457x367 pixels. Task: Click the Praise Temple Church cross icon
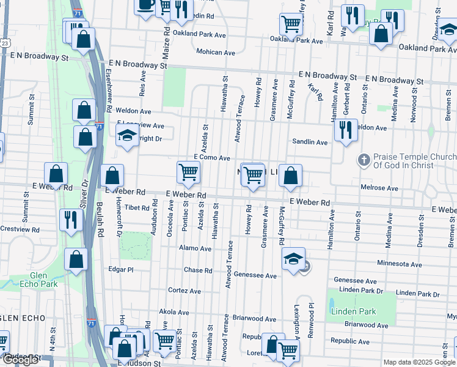[364, 161]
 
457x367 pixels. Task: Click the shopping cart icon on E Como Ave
[188, 172]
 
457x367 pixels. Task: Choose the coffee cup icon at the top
[145, 6]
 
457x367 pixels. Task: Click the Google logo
[20, 360]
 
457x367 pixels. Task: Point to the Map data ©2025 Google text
[419, 362]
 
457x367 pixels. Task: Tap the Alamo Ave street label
[195, 249]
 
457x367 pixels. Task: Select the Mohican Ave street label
[216, 53]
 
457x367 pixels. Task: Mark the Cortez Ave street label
[185, 291]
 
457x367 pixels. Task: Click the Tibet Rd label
[137, 208]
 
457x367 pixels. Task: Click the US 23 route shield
[4, 43]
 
